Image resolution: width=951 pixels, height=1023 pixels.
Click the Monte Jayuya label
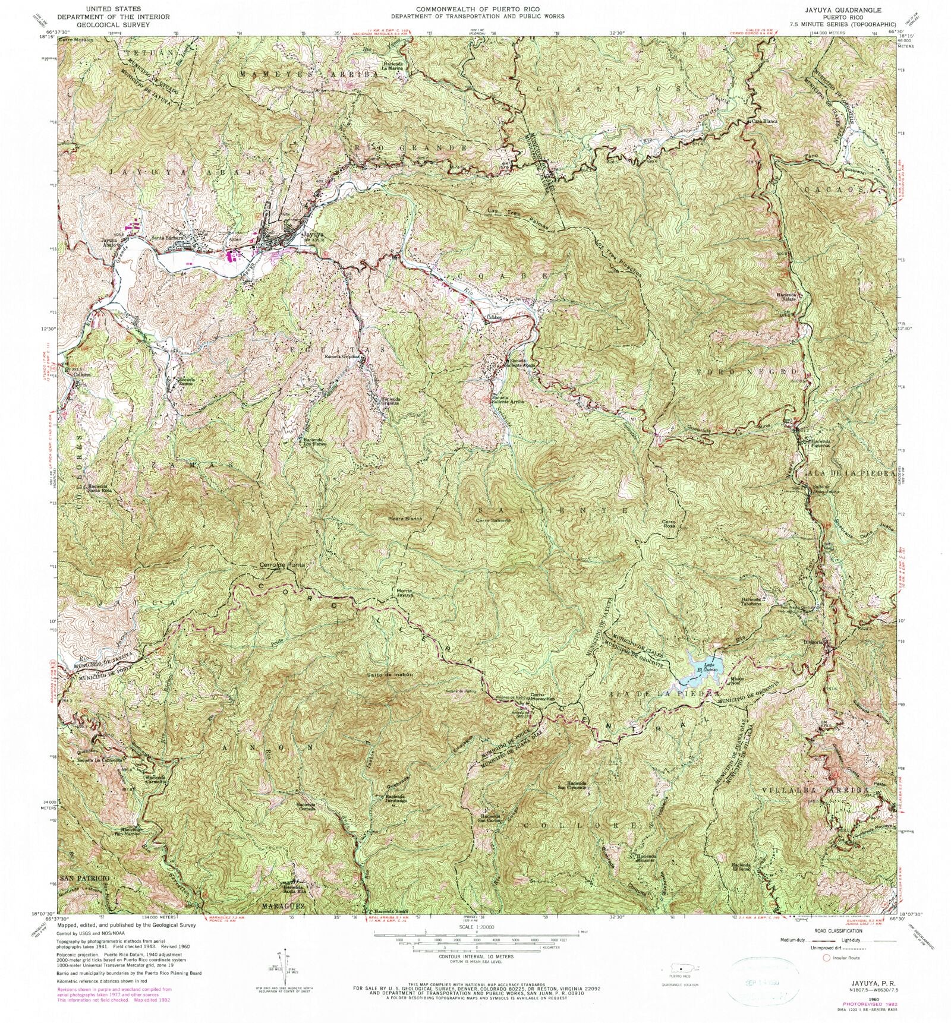(x=405, y=593)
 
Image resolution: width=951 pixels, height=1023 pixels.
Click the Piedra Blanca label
(x=405, y=519)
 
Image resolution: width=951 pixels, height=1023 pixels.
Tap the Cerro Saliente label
(x=493, y=521)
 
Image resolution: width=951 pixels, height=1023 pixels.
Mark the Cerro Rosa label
(x=670, y=525)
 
